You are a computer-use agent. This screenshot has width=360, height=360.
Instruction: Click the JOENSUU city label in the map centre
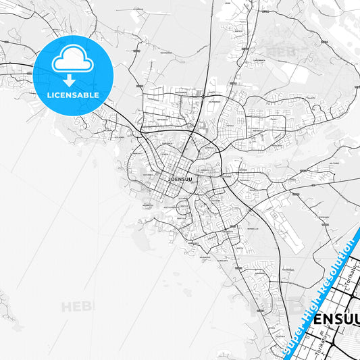[x=178, y=180]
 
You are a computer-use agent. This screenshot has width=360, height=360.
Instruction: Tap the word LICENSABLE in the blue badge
[x=73, y=95]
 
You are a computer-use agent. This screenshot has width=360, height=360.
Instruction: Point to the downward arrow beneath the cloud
[x=73, y=80]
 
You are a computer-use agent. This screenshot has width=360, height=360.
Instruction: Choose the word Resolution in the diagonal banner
[x=337, y=267]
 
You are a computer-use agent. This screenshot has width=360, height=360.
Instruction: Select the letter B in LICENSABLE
[x=88, y=95]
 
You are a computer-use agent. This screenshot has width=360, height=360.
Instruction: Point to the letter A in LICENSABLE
[x=82, y=95]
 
